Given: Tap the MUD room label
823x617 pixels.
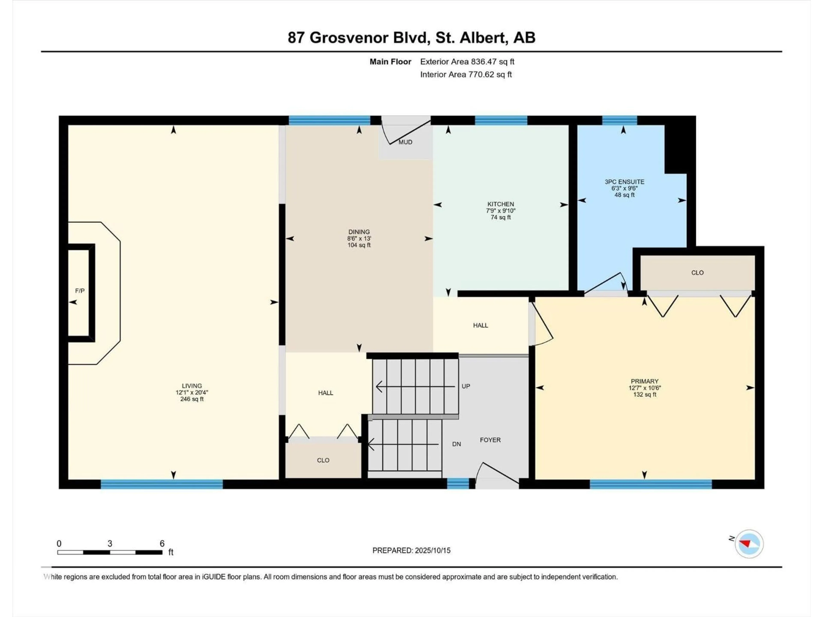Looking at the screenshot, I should (x=405, y=142).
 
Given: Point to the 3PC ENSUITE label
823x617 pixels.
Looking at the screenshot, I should (x=624, y=182).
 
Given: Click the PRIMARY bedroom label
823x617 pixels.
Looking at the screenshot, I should (x=644, y=381).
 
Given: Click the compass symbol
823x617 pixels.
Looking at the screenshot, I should (x=749, y=544).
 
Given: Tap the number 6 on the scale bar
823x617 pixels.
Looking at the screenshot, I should (x=162, y=543).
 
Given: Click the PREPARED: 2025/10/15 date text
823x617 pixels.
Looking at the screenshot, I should (x=411, y=550).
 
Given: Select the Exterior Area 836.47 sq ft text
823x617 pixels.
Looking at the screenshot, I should (x=467, y=62).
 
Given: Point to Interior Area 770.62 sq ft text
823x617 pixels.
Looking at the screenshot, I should (x=466, y=74).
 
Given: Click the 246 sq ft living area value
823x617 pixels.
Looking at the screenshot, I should (x=192, y=399).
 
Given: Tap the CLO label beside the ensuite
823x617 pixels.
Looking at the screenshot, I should (x=697, y=273).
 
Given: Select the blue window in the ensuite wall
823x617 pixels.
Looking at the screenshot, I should (x=619, y=120).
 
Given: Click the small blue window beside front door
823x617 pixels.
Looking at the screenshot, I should (x=458, y=484).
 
